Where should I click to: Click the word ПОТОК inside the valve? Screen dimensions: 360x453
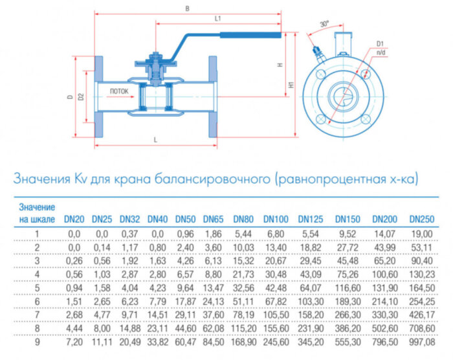click(119, 91)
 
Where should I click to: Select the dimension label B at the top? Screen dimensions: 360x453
click(186, 8)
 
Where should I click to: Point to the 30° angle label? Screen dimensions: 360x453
click(324, 23)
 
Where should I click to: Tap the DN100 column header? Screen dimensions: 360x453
click(274, 219)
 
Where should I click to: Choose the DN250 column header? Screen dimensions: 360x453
click(422, 219)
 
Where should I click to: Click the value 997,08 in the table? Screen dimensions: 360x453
click(422, 341)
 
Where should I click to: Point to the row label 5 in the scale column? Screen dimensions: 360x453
click(37, 287)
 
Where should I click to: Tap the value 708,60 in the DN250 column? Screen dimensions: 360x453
click(422, 328)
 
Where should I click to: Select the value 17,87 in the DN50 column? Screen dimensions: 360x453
click(186, 300)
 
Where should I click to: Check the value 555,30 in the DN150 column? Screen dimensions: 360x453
click(347, 341)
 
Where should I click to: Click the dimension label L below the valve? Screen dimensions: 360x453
click(155, 140)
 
